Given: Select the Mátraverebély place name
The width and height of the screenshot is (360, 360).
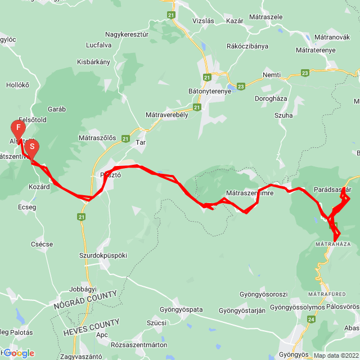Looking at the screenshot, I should pyautogui.click(x=166, y=114).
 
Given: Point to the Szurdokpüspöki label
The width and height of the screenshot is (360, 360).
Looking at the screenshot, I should pyautogui.click(x=103, y=255).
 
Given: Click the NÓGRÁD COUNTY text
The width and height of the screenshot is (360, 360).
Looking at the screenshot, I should pyautogui.click(x=85, y=300).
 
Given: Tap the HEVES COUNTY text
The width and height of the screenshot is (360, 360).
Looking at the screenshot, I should pyautogui.click(x=92, y=327).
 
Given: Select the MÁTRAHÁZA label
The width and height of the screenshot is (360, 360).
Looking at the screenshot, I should pyautogui.click(x=329, y=244).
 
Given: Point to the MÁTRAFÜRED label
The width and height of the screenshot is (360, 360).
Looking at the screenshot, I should pyautogui.click(x=326, y=294).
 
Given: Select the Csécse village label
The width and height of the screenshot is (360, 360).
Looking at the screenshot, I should pyautogui.click(x=42, y=244).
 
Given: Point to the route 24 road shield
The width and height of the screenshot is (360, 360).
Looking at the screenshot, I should pyautogui.click(x=311, y=319).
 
